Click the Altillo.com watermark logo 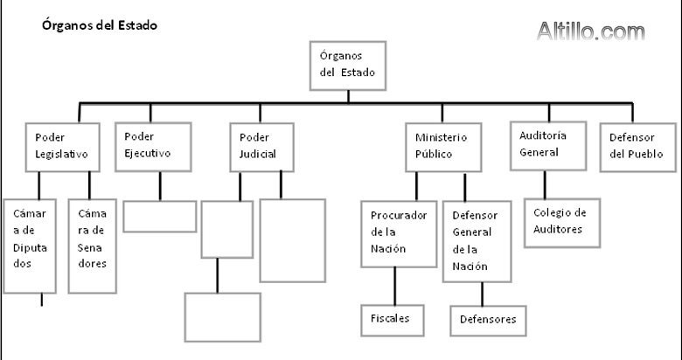590,32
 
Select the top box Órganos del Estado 348,66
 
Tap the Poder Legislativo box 59,146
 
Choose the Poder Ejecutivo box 153,145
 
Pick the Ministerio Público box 442,147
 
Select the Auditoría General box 546,144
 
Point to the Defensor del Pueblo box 638,146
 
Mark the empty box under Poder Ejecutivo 159,216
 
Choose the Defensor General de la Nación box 477,241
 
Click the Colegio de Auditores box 560,222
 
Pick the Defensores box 488,320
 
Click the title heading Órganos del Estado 100,26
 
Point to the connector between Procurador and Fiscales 395,285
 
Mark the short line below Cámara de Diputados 41,300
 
